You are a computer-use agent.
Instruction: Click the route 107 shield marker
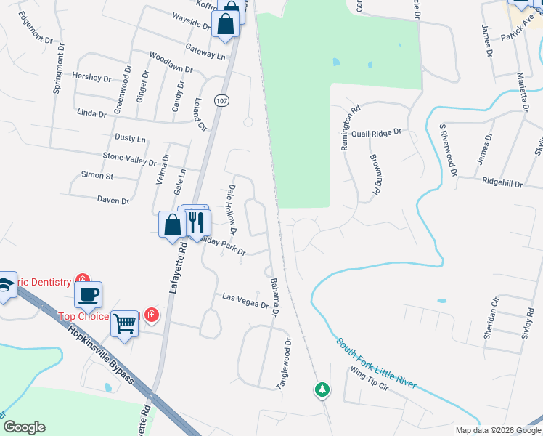221,101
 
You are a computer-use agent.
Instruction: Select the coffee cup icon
88,294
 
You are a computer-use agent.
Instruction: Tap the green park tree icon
322,389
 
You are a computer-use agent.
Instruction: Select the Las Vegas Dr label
245,300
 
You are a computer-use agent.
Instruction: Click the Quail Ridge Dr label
376,133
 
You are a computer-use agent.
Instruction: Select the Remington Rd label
350,130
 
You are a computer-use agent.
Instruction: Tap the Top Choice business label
83,316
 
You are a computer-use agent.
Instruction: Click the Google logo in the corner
23,427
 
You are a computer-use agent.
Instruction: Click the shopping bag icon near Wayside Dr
226,23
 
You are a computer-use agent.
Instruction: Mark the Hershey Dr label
91,77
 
